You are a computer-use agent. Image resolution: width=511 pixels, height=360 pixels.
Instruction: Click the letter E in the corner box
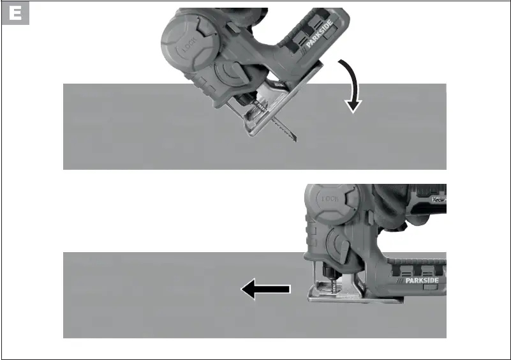click(16, 15)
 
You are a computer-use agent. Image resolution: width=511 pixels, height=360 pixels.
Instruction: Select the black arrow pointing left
click(265, 290)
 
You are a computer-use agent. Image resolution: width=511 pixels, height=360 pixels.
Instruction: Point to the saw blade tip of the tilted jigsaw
click(294, 140)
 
